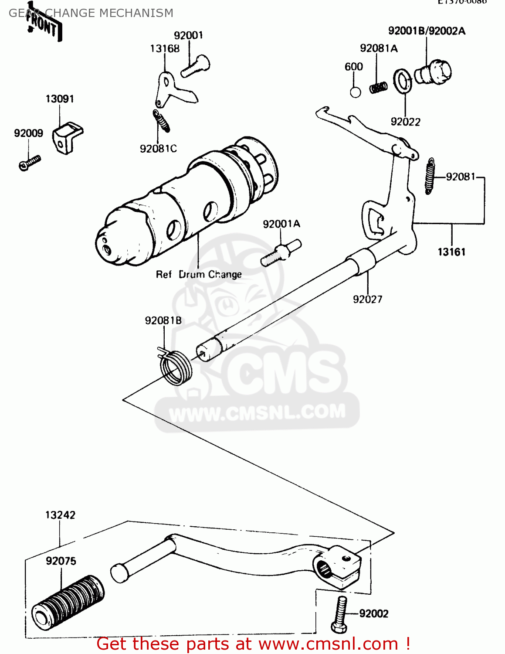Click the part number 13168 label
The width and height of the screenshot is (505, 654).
point(165,49)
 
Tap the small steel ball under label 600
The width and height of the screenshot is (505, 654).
point(356,92)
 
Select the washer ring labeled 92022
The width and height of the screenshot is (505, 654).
point(403,81)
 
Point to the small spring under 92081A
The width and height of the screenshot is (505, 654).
point(378,88)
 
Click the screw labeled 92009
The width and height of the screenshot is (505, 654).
point(30,163)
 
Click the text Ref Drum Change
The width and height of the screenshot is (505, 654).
point(199,275)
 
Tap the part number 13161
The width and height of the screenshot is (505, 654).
point(451,252)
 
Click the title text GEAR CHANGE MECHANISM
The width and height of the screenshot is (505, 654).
point(91,13)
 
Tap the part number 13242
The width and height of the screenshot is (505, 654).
point(60,515)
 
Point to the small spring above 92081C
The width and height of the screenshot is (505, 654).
point(162,121)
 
